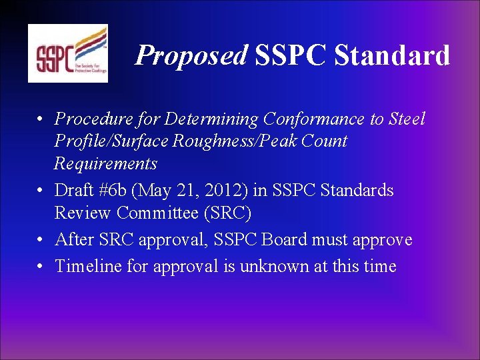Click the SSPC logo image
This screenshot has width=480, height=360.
coord(67,53)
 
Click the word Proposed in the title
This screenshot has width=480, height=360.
coord(191,55)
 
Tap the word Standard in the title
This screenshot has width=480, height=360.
coord(392,55)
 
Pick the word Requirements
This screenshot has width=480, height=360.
coord(105,163)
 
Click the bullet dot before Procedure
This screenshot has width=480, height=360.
coord(41,120)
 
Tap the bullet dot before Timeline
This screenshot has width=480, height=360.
coord(41,267)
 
